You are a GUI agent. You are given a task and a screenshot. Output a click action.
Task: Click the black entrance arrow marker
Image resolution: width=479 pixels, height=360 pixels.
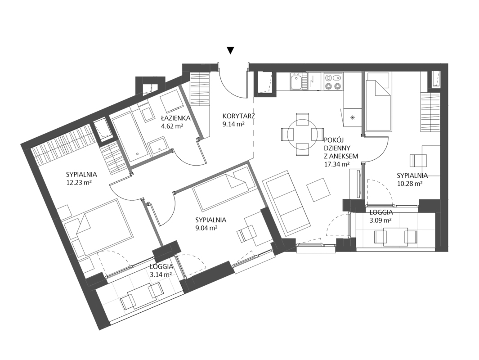[231, 50]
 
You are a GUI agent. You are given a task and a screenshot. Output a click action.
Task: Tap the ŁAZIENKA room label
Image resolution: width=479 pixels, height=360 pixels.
[176, 118]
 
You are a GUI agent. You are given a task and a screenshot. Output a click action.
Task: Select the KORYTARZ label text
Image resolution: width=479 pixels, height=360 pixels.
[238, 116]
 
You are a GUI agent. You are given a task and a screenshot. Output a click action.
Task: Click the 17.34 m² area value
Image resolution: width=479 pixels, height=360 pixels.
[336, 164]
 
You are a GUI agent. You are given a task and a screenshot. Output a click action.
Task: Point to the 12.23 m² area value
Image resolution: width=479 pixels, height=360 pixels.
[79, 182]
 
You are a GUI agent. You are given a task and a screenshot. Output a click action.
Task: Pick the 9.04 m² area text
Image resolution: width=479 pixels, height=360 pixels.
[206, 228]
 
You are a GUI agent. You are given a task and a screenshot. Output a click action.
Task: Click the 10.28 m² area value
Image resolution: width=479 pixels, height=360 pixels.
[410, 183]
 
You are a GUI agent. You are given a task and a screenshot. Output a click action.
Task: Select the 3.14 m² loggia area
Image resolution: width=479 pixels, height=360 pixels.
[161, 274]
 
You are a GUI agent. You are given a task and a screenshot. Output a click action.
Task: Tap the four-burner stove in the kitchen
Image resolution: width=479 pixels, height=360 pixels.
[333, 81]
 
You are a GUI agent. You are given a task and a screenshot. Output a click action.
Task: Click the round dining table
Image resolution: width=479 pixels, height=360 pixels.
[302, 135]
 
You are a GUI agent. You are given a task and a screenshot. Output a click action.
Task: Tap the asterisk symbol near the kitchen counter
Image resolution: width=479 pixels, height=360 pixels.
[353, 117]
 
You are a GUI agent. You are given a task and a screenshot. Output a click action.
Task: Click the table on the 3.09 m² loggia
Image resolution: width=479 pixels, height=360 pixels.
[396, 237]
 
